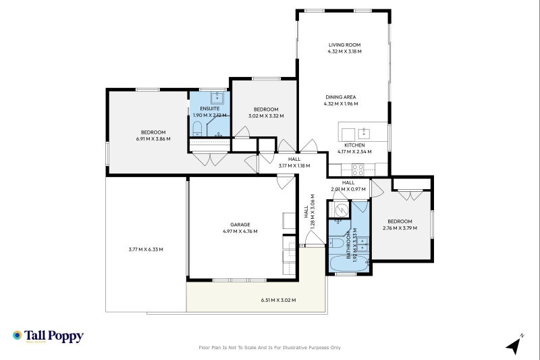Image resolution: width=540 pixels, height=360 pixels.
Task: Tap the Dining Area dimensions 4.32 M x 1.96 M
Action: tap(341, 104)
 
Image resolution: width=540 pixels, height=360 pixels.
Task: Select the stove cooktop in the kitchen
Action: tap(357, 169)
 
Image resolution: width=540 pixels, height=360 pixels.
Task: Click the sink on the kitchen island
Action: tap(364, 132)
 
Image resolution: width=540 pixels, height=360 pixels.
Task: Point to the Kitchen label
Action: tap(354, 145)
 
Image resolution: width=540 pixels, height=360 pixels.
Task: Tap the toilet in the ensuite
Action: tap(198, 128)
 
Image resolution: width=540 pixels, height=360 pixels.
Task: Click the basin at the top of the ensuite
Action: tap(218, 97)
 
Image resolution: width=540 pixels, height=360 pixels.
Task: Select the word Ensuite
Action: tap(209, 108)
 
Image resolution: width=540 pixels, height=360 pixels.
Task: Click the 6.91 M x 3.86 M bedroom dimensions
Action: tap(153, 139)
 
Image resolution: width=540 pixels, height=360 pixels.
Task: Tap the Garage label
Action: tap(240, 224)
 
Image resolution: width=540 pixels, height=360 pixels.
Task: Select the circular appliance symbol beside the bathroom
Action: tap(341, 210)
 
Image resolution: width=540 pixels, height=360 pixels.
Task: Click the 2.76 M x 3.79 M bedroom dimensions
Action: tap(400, 228)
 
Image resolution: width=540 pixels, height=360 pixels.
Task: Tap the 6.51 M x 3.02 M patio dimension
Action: tap(278, 300)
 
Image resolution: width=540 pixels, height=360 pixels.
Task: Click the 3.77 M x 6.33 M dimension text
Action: tap(146, 249)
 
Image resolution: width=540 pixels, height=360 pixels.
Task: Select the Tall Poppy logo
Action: tap(47, 336)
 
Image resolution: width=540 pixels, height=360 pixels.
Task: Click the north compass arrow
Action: tap(514, 345)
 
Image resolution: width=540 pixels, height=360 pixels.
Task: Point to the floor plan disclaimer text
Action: tap(269, 348)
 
